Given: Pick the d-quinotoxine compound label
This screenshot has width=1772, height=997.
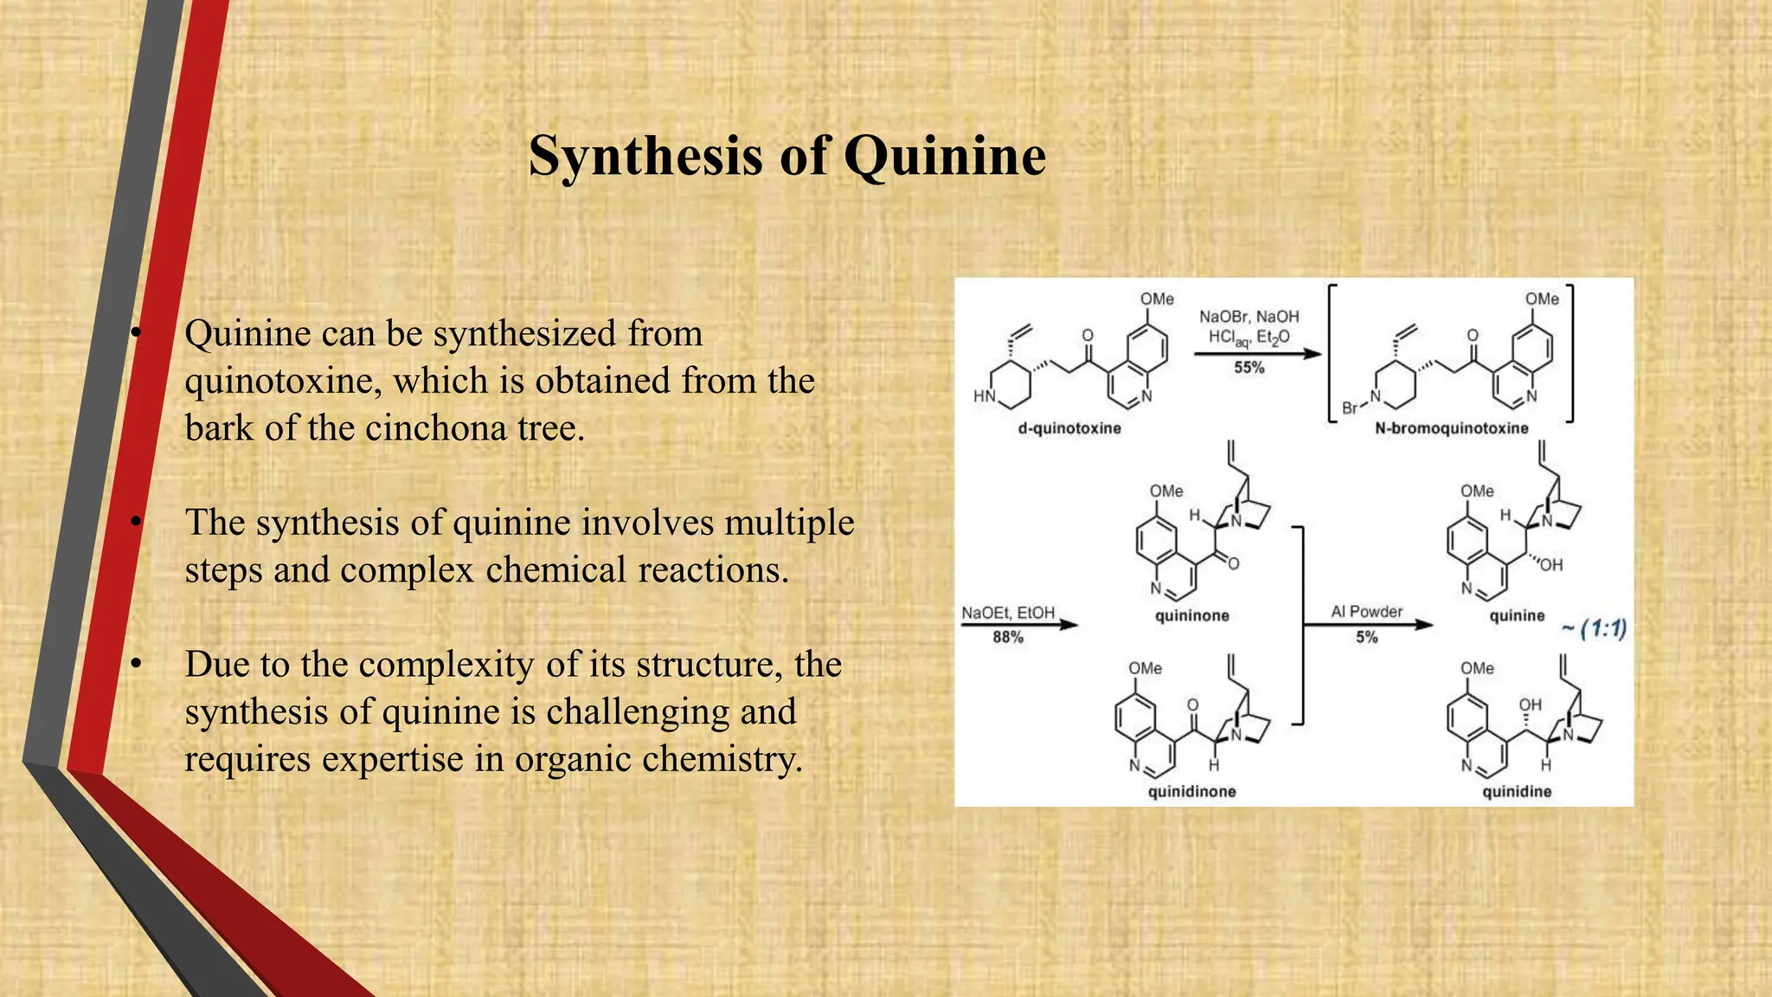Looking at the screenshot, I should click(1069, 428).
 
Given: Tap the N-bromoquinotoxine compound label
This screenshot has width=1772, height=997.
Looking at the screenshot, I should click(1451, 428).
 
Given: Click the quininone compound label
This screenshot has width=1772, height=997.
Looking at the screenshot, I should click(1191, 616).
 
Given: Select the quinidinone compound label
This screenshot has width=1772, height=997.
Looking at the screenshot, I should click(1191, 792).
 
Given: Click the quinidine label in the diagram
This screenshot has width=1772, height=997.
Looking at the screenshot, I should click(1517, 792).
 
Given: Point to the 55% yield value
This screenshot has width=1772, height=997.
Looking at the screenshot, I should click(1249, 368).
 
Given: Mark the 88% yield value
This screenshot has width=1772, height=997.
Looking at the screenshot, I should click(1008, 638).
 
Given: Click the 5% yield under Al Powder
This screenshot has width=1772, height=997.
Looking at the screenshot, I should click(1366, 638).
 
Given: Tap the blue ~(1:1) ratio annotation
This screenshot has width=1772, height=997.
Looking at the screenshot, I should click(1594, 629).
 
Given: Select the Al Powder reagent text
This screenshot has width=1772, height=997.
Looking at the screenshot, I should click(1366, 612).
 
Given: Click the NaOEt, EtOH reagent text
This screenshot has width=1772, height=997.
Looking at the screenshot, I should click(1008, 613).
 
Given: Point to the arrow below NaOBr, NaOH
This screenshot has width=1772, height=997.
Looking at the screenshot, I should click(1257, 353).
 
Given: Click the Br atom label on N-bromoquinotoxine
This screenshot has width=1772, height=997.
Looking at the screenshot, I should click(1350, 408).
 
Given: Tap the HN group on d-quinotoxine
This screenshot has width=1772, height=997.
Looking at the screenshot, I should click(984, 396).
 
